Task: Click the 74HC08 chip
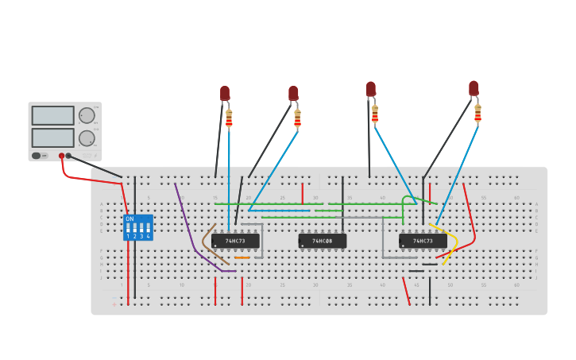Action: pyautogui.click(x=322, y=241)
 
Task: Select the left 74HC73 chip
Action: pyautogui.click(x=235, y=241)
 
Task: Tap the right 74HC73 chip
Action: pyautogui.click(x=422, y=241)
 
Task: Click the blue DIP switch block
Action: pyautogui.click(x=137, y=227)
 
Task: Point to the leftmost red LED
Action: pyautogui.click(x=225, y=93)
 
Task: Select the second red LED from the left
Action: pyautogui.click(x=293, y=93)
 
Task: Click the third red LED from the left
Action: pyautogui.click(x=370, y=88)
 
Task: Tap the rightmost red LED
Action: pyautogui.click(x=474, y=87)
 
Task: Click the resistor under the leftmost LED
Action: pyautogui.click(x=229, y=118)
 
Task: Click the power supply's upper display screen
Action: pyautogui.click(x=52, y=115)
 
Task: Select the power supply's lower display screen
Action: pyautogui.click(x=52, y=137)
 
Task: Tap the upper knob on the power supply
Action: pyautogui.click(x=86, y=115)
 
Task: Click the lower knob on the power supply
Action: pyautogui.click(x=86, y=138)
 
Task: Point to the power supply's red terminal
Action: pyautogui.click(x=61, y=156)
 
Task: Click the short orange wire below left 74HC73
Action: pyautogui.click(x=242, y=257)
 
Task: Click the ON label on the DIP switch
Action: pyautogui.click(x=130, y=219)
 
